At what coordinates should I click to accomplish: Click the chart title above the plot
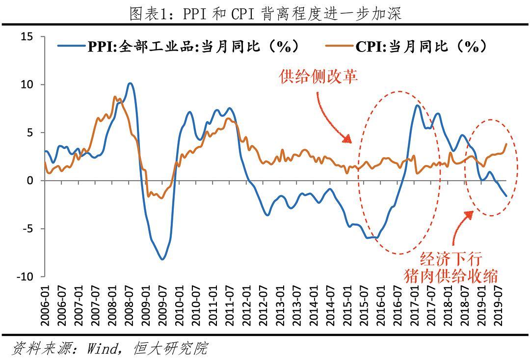coord(265,13)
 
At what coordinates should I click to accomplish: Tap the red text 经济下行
coord(451,259)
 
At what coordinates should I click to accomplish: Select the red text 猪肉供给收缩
coord(451,274)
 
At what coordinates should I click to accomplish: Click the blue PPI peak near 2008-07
coord(130,83)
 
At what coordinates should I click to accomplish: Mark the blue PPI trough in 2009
coord(162,259)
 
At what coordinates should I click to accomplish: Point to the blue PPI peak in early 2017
coord(417,105)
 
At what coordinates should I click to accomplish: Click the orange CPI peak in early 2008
coord(115,97)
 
